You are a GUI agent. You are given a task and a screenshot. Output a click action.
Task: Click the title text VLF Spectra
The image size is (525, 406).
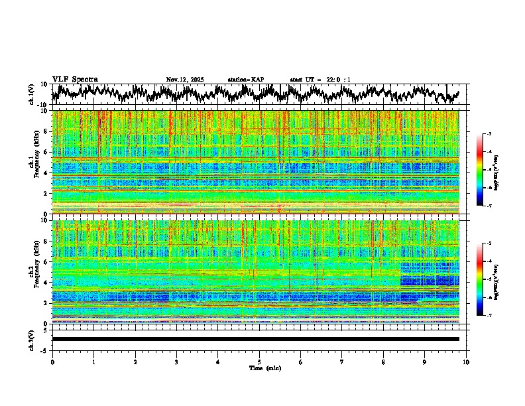point(75,80)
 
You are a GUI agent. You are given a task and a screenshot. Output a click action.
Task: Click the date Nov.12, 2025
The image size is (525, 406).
point(185,80)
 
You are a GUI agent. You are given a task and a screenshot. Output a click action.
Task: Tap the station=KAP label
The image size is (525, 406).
point(246,80)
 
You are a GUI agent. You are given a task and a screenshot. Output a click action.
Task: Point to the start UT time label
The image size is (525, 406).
point(320,80)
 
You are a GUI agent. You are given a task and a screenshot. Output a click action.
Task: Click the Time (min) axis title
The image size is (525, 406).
point(259,368)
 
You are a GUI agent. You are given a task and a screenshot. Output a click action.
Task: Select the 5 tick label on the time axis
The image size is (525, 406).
point(259,362)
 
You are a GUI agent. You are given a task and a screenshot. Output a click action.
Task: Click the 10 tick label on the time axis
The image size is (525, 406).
point(466,362)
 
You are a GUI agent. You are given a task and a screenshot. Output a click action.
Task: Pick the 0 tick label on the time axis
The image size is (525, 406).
point(52,362)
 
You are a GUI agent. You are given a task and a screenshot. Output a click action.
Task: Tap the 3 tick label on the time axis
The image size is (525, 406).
point(176,362)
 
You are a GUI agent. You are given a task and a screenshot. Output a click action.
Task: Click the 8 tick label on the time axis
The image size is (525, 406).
point(383,362)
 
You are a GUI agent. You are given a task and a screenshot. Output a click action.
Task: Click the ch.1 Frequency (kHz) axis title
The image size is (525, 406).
point(34,163)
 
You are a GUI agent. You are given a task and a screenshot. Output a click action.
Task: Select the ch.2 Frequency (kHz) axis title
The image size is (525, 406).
point(34,272)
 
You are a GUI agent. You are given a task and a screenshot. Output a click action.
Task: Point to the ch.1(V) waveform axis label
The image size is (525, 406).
point(32,94)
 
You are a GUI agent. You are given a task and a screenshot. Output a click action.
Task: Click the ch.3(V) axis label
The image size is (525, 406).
point(32,339)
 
